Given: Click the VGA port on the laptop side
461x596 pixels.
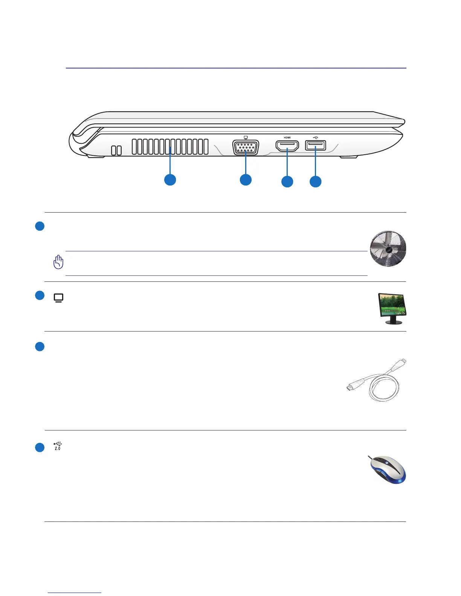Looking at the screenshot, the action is click(x=246, y=147).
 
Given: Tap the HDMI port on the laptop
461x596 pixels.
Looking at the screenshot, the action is click(x=287, y=146).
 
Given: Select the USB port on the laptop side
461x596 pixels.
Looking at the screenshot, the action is click(x=316, y=145).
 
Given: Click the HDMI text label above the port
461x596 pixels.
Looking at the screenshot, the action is click(x=287, y=138).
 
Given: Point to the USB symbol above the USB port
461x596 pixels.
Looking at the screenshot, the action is click(x=316, y=137).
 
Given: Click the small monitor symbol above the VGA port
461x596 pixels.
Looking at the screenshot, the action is click(x=246, y=137).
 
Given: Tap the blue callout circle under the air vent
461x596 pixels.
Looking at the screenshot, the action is click(x=170, y=180).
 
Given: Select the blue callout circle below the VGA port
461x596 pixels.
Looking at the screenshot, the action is click(x=246, y=180).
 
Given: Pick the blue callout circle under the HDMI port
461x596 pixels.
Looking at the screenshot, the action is click(x=287, y=182).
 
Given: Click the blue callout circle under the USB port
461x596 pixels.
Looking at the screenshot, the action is click(x=316, y=182).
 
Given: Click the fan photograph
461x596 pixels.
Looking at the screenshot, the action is click(x=388, y=249).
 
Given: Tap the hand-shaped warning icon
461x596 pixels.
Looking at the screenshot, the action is click(x=58, y=262).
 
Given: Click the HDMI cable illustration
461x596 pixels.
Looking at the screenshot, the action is click(x=377, y=380).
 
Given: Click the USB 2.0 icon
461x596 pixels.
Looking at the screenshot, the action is click(x=58, y=446).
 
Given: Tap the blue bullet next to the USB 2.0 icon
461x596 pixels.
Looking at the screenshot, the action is click(x=40, y=447).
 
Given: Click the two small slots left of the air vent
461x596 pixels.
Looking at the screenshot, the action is click(x=116, y=150).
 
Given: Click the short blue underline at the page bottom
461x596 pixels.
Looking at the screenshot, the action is click(x=75, y=593).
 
